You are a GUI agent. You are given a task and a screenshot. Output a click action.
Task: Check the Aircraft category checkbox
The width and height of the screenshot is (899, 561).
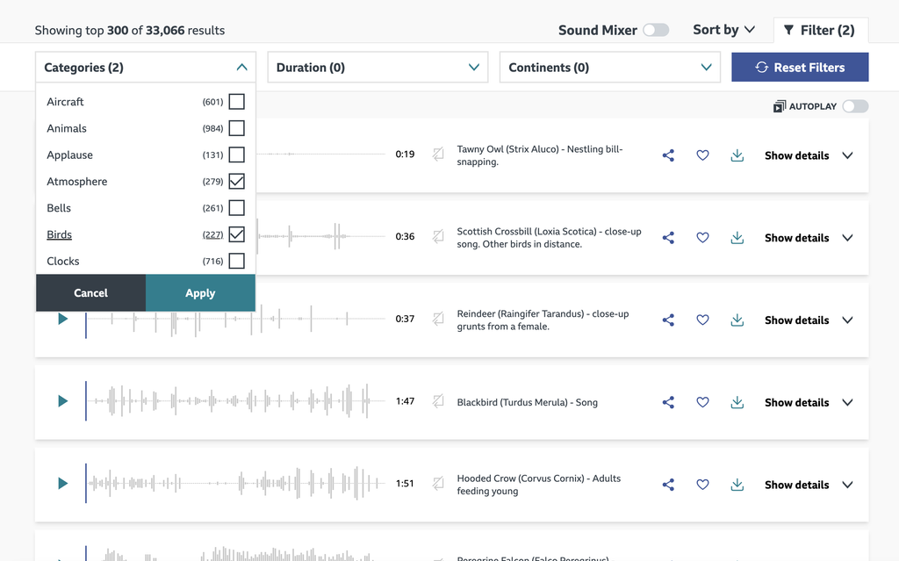tap(236, 102)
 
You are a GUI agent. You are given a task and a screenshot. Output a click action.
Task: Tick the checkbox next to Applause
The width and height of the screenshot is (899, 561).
tap(236, 155)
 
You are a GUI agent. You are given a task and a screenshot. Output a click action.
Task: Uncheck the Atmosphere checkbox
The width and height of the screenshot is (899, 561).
tap(236, 182)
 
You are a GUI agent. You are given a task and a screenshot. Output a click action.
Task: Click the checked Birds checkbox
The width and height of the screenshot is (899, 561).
tap(236, 234)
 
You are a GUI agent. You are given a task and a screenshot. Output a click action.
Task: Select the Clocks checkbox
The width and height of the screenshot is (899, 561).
tap(236, 261)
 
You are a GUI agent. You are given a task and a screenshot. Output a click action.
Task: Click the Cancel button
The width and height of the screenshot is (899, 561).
tap(90, 293)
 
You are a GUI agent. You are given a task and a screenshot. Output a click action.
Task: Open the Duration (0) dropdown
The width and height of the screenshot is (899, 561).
tap(378, 68)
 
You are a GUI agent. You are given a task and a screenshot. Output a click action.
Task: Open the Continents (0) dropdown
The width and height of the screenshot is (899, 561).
tap(609, 68)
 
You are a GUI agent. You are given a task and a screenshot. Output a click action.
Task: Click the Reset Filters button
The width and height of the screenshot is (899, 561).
tap(800, 68)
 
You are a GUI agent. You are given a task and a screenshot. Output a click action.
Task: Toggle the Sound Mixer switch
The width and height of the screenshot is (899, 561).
tap(655, 30)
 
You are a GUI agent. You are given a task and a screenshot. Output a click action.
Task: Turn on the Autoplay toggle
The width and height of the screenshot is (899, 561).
tap(854, 106)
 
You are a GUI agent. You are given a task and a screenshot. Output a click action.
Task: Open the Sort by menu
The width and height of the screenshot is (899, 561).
tap(723, 30)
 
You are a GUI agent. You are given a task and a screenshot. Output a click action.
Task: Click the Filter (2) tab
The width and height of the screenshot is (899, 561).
tap(819, 30)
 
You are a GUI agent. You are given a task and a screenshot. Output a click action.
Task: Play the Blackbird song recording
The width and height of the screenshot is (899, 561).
tap(62, 401)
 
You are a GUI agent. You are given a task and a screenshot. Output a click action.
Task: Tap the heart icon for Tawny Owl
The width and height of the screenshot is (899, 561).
tap(702, 155)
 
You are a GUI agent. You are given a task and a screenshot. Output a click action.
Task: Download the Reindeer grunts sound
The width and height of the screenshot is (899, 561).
tap(737, 320)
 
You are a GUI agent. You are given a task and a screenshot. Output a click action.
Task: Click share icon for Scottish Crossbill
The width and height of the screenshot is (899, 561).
tap(668, 238)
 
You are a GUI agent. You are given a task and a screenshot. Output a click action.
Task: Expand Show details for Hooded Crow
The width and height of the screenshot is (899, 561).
tap(808, 485)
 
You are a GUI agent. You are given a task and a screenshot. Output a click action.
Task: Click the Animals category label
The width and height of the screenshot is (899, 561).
tap(67, 128)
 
